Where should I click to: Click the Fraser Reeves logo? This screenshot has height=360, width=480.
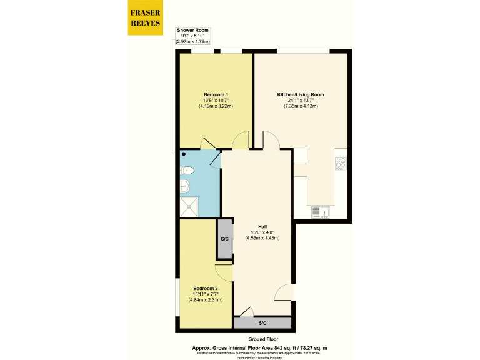click(144, 18)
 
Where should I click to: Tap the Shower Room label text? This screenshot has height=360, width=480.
click(192, 30)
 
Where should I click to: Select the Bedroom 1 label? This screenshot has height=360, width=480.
click(216, 94)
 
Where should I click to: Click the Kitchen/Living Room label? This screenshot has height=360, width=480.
click(301, 94)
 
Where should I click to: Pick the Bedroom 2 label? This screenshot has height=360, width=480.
click(206, 288)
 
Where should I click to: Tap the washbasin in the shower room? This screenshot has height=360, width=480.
click(185, 185)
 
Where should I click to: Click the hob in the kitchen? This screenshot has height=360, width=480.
click(341, 163)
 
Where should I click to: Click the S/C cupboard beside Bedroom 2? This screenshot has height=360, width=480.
click(224, 239)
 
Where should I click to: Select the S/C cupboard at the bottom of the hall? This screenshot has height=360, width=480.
click(262, 323)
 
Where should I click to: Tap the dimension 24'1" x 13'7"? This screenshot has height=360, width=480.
click(301, 101)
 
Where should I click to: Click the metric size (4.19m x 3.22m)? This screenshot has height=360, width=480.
click(216, 106)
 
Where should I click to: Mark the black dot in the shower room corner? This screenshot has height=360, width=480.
click(184, 154)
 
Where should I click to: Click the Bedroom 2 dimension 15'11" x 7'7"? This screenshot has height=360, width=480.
click(206, 294)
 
